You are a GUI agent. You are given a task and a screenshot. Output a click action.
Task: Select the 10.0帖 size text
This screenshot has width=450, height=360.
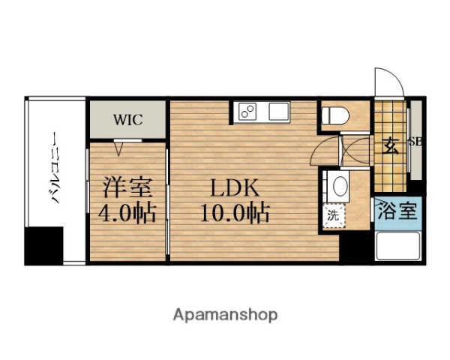235,214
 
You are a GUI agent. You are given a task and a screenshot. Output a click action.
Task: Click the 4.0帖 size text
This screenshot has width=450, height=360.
127,214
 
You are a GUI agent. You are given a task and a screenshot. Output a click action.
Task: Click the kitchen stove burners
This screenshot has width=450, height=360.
247,113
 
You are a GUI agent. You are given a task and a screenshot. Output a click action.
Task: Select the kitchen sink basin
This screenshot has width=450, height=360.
278,113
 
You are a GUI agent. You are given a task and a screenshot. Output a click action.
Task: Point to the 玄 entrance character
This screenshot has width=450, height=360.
391,145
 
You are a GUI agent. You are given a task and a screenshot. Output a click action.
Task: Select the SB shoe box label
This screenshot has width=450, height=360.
415,141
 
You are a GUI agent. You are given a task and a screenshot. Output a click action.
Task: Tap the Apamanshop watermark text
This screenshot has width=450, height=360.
224,314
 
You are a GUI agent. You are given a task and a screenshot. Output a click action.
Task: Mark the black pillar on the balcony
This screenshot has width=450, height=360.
43,245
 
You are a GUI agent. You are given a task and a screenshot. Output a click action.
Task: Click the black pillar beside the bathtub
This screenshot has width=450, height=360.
356,246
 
